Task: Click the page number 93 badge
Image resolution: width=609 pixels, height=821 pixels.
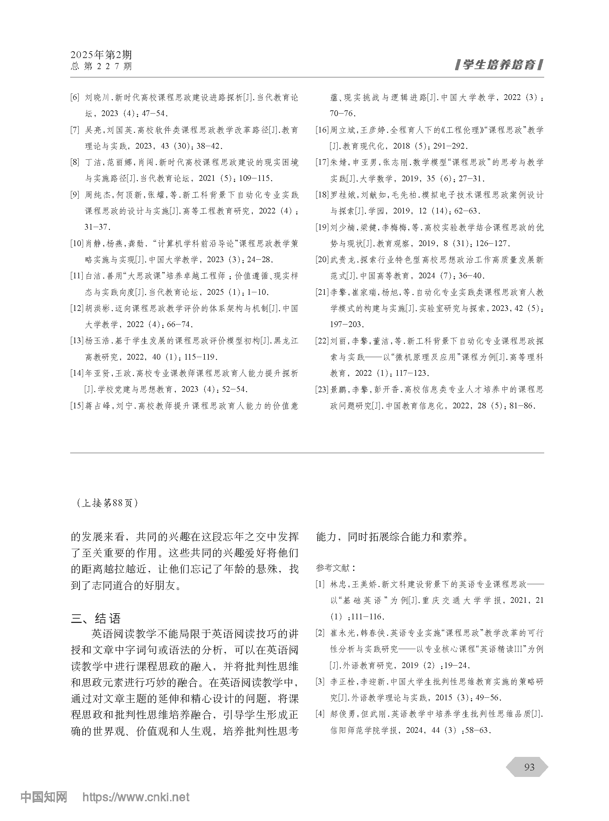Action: pyautogui.click(x=529, y=767)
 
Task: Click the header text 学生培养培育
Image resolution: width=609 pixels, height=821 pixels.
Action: pyautogui.click(x=499, y=65)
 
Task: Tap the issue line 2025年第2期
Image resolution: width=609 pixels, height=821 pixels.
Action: pyautogui.click(x=101, y=55)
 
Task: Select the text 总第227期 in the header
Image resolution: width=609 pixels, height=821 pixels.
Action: pyautogui.click(x=101, y=66)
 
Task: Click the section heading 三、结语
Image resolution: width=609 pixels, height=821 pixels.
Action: pyautogui.click(x=96, y=619)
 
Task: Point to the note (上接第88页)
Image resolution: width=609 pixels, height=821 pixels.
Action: pyautogui.click(x=107, y=503)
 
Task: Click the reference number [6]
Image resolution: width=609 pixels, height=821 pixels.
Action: pyautogui.click(x=75, y=97)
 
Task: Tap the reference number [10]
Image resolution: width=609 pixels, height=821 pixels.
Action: pyautogui.click(x=77, y=244)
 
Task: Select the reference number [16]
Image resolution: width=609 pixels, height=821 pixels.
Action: pyautogui.click(x=322, y=130)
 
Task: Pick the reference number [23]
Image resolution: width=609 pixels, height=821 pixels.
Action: pyautogui.click(x=322, y=389)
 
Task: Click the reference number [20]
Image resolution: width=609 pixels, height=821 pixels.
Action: pyautogui.click(x=322, y=260)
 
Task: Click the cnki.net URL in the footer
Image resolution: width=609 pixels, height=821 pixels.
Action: pyautogui.click(x=136, y=797)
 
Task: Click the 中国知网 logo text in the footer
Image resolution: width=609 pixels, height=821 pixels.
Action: pyautogui.click(x=44, y=797)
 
